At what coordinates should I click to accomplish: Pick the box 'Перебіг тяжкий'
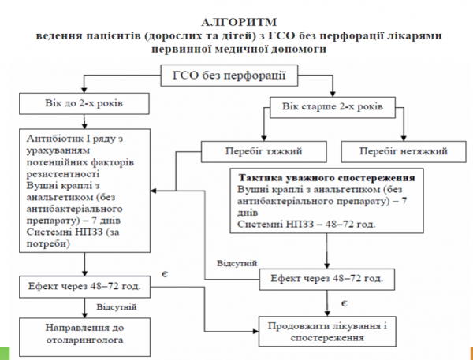point(251,149)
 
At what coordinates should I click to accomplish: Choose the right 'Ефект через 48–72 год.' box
point(326,278)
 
